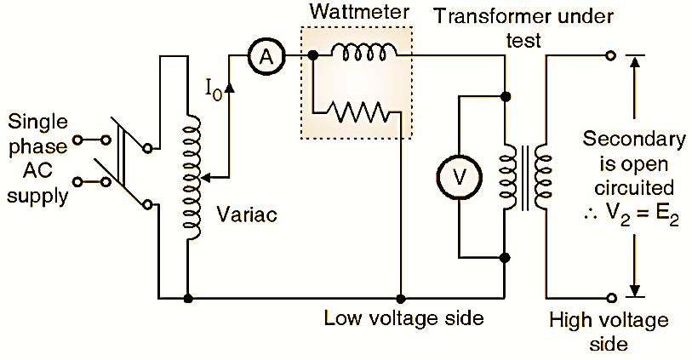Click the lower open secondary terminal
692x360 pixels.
[x=610, y=298]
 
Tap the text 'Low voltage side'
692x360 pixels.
[x=403, y=319]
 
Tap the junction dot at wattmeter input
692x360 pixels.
[x=313, y=55]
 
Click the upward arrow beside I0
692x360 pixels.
[x=229, y=83]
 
